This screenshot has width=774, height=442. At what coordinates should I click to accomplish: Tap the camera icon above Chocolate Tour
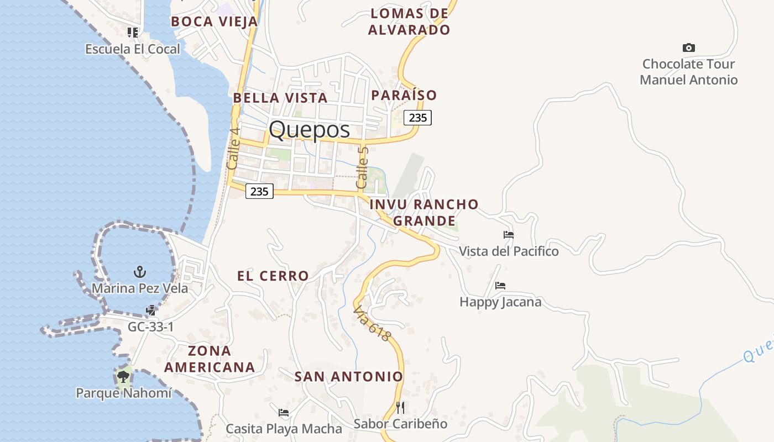(x=688, y=48)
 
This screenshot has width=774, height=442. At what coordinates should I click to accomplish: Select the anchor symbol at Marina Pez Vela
(x=140, y=271)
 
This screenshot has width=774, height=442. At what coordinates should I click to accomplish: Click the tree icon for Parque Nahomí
(x=123, y=377)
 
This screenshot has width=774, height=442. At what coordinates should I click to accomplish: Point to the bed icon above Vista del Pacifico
(x=509, y=234)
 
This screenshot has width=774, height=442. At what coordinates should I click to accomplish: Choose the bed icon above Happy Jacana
(x=500, y=285)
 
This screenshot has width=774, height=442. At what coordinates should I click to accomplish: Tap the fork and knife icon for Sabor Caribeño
(x=400, y=408)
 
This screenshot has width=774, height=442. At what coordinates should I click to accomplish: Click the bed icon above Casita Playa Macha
(x=284, y=412)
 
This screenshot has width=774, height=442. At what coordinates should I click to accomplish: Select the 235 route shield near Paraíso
(x=417, y=117)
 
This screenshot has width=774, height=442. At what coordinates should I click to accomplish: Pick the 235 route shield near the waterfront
(x=259, y=191)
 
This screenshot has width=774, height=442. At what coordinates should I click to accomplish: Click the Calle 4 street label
(x=233, y=149)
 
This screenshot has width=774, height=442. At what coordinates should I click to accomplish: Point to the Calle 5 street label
(x=362, y=167)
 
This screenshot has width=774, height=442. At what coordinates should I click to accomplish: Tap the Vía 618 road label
(x=372, y=323)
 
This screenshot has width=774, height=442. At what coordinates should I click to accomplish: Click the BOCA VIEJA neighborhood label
(x=214, y=22)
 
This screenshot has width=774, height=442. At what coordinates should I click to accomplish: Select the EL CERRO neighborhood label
(x=273, y=276)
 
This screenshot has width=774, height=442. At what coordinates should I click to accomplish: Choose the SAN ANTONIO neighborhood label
(x=348, y=377)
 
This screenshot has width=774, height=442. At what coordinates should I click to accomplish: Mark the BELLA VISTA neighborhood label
(x=280, y=98)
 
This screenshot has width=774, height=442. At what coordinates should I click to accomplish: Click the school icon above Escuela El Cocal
(x=133, y=33)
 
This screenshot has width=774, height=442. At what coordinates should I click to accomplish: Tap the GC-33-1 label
(x=150, y=327)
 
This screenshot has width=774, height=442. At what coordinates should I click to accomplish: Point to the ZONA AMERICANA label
(x=210, y=359)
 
